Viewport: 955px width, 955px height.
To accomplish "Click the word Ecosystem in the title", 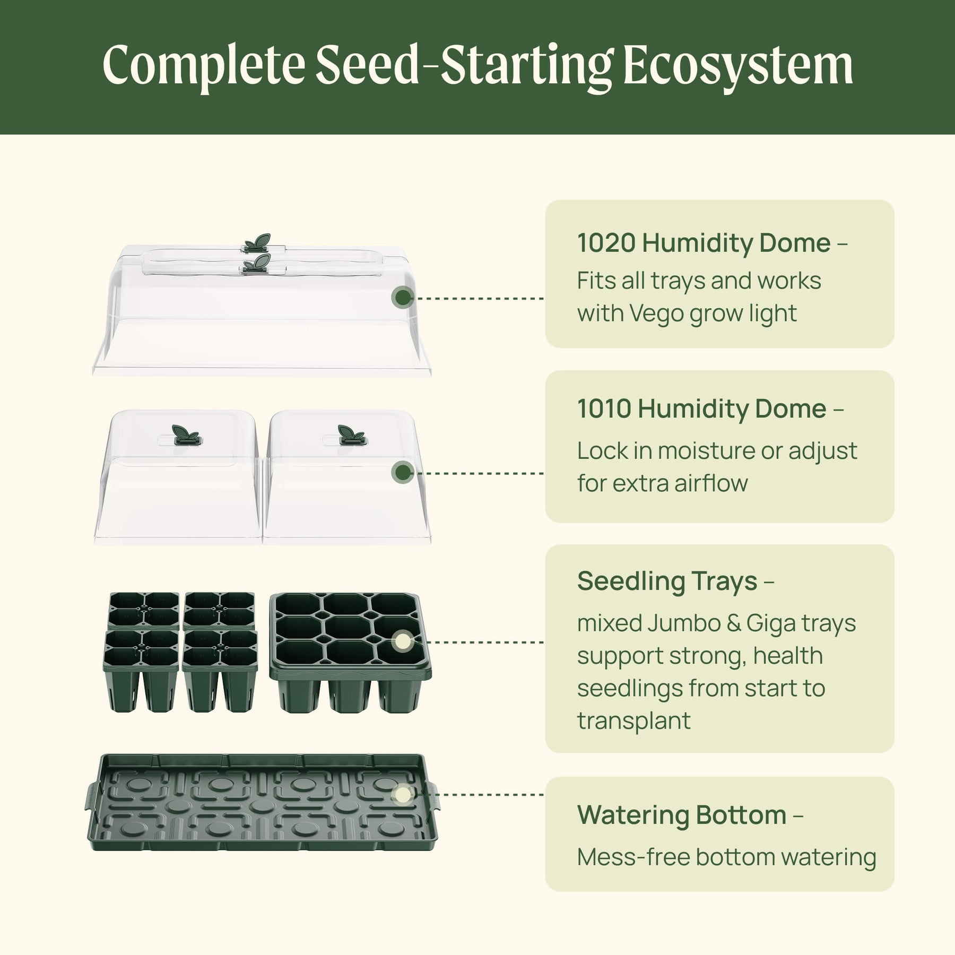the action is (738, 66).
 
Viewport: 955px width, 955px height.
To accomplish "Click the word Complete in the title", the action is (204, 66).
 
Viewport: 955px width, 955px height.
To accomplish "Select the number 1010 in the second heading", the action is (604, 409).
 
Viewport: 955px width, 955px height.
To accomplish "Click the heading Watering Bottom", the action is (682, 815).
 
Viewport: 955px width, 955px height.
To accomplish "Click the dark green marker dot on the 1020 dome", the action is (403, 298).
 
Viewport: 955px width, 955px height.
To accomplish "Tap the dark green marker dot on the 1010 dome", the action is (403, 472).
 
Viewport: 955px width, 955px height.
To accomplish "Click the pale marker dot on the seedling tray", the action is (403, 642).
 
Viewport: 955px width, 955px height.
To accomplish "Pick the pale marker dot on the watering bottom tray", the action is (403, 795).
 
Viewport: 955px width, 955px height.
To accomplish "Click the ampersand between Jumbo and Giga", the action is (734, 624).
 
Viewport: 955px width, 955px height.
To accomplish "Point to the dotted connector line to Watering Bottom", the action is (479, 795).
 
